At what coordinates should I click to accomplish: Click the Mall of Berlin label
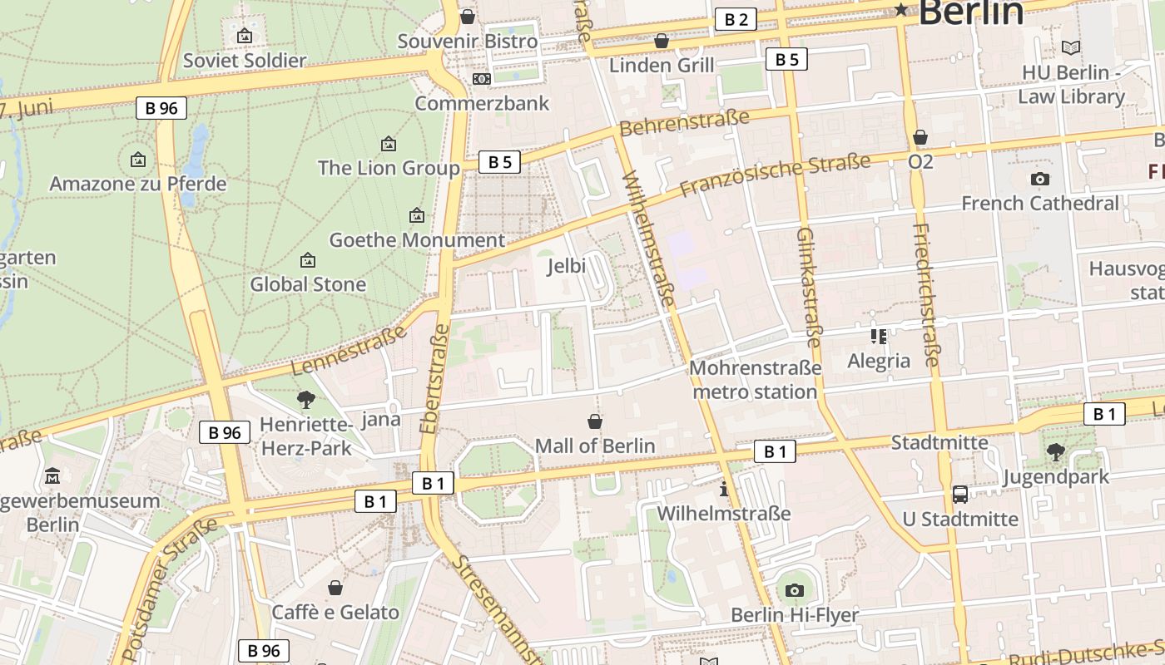[594, 446]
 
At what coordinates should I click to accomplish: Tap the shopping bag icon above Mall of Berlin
[594, 421]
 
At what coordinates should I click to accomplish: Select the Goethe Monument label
[416, 240]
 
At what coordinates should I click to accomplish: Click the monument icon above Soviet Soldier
[244, 36]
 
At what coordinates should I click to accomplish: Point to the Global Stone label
[308, 284]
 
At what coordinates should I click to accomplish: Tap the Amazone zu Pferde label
[137, 183]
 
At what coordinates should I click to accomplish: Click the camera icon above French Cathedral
[1039, 179]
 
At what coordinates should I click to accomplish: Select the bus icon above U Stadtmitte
[959, 495]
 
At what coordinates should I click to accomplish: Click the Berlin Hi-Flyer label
[794, 615]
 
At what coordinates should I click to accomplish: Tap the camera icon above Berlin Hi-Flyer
[794, 590]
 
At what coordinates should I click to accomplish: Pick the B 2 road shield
[736, 20]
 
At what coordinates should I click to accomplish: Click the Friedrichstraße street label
[925, 295]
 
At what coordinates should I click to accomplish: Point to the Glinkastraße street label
[808, 287]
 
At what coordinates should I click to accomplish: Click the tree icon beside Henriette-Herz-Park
[305, 400]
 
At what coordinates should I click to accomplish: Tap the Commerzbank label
[482, 103]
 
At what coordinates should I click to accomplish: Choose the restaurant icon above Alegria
[878, 337]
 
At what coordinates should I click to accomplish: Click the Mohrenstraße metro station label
[755, 379]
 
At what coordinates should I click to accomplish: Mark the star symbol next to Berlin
[901, 10]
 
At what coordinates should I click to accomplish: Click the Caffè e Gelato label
[335, 613]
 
